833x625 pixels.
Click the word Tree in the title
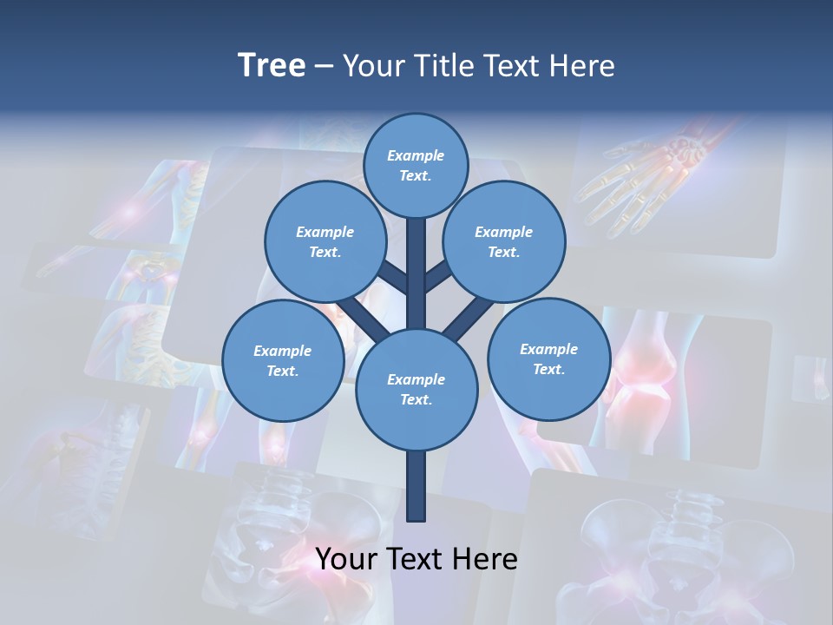(x=272, y=66)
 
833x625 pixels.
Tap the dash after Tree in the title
(x=325, y=67)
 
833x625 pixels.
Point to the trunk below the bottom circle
(x=416, y=486)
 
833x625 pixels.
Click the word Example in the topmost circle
(x=416, y=155)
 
